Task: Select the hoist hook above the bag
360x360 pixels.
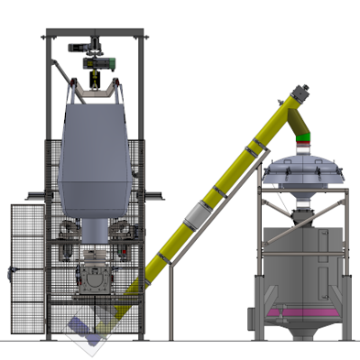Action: pyautogui.click(x=93, y=81)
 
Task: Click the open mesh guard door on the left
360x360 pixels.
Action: pyautogui.click(x=27, y=270)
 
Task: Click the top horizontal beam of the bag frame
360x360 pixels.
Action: pyautogui.click(x=94, y=36)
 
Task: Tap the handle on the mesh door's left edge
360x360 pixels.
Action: pyautogui.click(x=12, y=271)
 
